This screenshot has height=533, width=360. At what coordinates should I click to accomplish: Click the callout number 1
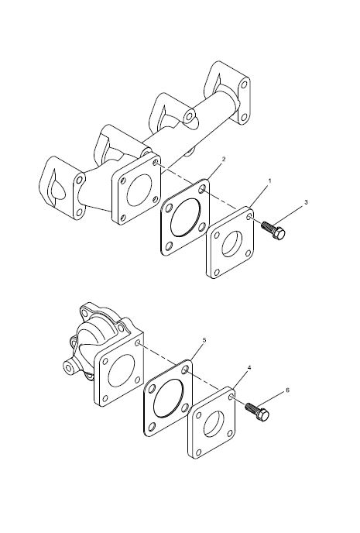pyautogui.click(x=270, y=181)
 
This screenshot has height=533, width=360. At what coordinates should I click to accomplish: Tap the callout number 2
pyautogui.click(x=223, y=159)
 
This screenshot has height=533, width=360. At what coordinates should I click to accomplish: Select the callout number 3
pyautogui.click(x=306, y=202)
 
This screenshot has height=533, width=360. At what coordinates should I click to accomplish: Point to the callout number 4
pyautogui.click(x=249, y=368)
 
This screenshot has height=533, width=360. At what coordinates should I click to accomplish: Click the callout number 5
pyautogui.click(x=204, y=340)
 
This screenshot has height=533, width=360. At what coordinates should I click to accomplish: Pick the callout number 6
pyautogui.click(x=287, y=390)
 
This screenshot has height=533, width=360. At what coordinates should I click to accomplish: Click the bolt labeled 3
pyautogui.click(x=273, y=230)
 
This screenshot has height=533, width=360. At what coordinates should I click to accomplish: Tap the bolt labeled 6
pyautogui.click(x=257, y=411)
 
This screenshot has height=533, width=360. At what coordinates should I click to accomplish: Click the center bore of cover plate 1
pyautogui.click(x=230, y=244)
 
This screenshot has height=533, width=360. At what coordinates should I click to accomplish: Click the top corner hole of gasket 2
pyautogui.click(x=202, y=189)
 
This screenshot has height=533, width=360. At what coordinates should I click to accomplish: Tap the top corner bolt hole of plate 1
pyautogui.click(x=249, y=217)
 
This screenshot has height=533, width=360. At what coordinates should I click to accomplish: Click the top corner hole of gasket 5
pyautogui.click(x=186, y=370)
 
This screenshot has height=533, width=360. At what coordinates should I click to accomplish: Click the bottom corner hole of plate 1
pyautogui.click(x=216, y=272)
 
